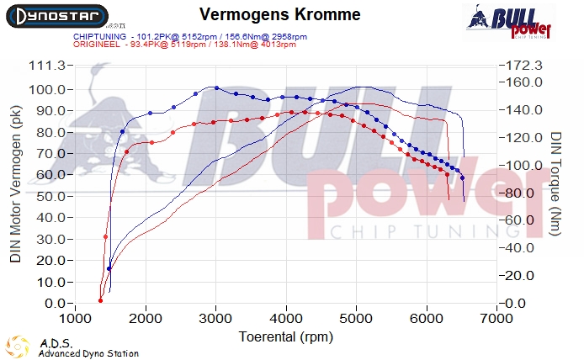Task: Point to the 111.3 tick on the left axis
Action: [x=49, y=66]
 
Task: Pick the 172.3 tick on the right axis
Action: [x=521, y=66]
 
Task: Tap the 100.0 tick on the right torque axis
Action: [x=521, y=164]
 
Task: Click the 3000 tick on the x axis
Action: [x=216, y=319]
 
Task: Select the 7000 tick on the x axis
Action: [x=496, y=319]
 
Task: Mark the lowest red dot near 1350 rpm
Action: [x=100, y=300]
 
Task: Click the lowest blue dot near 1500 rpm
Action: [x=109, y=268]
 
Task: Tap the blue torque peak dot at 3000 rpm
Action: [x=216, y=87]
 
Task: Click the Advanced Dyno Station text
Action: [x=88, y=354]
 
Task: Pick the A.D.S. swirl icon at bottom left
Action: [x=18, y=347]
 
